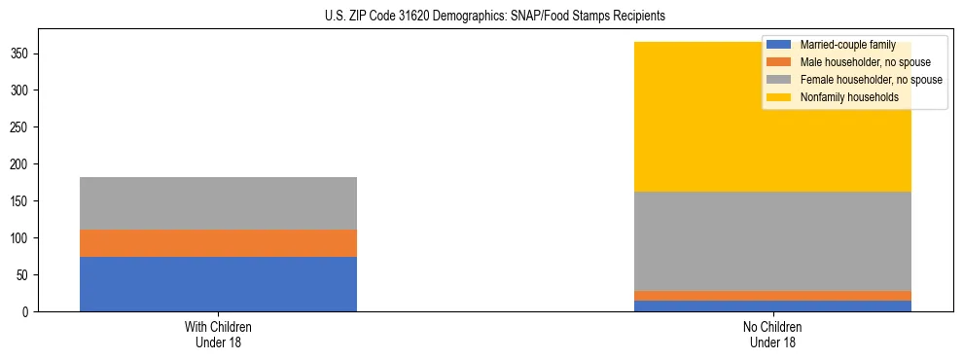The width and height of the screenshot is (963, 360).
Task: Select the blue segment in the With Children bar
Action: pos(218,284)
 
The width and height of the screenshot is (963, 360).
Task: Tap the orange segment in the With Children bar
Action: pos(218,243)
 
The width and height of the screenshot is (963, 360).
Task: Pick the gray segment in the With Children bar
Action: pos(218,203)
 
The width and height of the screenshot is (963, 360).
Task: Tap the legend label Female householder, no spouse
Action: pos(871,80)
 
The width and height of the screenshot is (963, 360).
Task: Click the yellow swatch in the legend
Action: pos(779,97)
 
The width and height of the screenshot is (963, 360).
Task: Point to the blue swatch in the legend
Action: pos(779,45)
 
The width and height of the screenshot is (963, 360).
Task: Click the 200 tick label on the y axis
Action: pos(27,164)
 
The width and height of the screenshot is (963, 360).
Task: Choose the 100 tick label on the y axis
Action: pos(27,238)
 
